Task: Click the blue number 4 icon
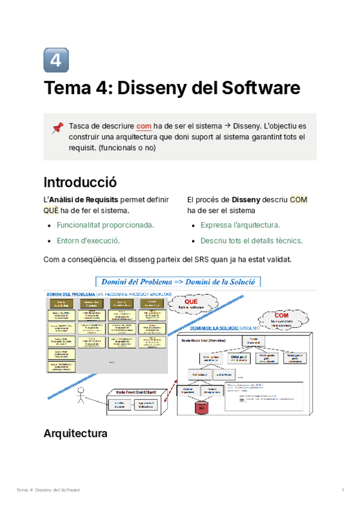click(56, 60)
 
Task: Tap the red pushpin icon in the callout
click(58, 127)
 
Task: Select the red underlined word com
click(144, 126)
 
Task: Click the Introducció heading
click(80, 182)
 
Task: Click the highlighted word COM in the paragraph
click(298, 199)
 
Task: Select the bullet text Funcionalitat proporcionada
click(105, 225)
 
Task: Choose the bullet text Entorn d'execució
click(88, 240)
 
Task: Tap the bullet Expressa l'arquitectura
click(240, 225)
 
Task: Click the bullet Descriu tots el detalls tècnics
click(251, 240)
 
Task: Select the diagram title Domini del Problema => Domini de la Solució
click(178, 282)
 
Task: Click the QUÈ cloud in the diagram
click(191, 304)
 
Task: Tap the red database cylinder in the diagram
click(201, 409)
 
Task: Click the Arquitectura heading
click(76, 433)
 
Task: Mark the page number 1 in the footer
click(342, 490)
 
